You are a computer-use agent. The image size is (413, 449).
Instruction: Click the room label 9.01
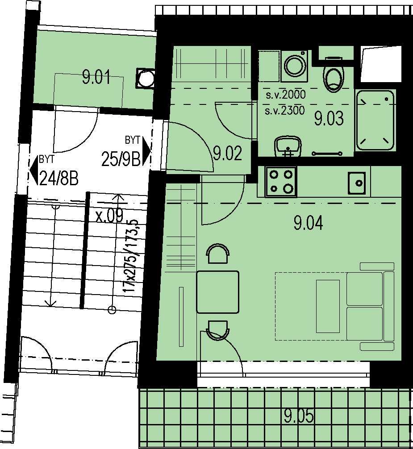point(96,77)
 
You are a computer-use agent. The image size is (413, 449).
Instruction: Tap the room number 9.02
point(228,153)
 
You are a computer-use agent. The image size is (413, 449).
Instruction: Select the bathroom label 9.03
point(329,119)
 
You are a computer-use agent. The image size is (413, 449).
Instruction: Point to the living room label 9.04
point(308,223)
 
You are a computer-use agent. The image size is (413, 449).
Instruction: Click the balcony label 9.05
point(299,416)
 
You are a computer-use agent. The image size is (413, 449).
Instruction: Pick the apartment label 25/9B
point(121,159)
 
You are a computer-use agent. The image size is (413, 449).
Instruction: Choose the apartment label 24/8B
point(59,179)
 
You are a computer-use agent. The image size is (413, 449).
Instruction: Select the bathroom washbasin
point(288,146)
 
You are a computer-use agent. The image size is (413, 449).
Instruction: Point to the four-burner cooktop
point(281,182)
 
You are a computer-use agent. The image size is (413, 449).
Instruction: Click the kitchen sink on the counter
point(357,183)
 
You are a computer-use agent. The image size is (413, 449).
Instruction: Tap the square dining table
point(218,292)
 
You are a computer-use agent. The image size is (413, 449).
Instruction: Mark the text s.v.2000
point(286,95)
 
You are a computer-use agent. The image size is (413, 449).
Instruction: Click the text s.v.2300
point(285,110)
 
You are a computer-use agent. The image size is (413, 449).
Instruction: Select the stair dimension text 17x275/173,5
point(130,256)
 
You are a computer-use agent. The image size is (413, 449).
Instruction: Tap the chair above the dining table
point(218,254)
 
